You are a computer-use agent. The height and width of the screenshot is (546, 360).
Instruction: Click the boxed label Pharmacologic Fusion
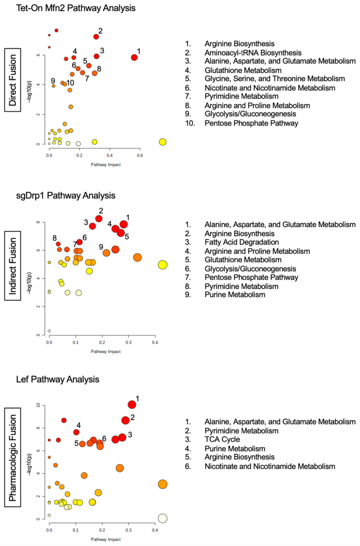17,464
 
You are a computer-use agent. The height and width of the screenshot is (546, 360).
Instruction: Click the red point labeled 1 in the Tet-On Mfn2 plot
135,57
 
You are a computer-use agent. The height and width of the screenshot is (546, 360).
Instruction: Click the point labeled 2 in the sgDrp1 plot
99,218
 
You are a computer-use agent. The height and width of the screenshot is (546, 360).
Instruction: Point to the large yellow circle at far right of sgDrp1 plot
162,265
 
